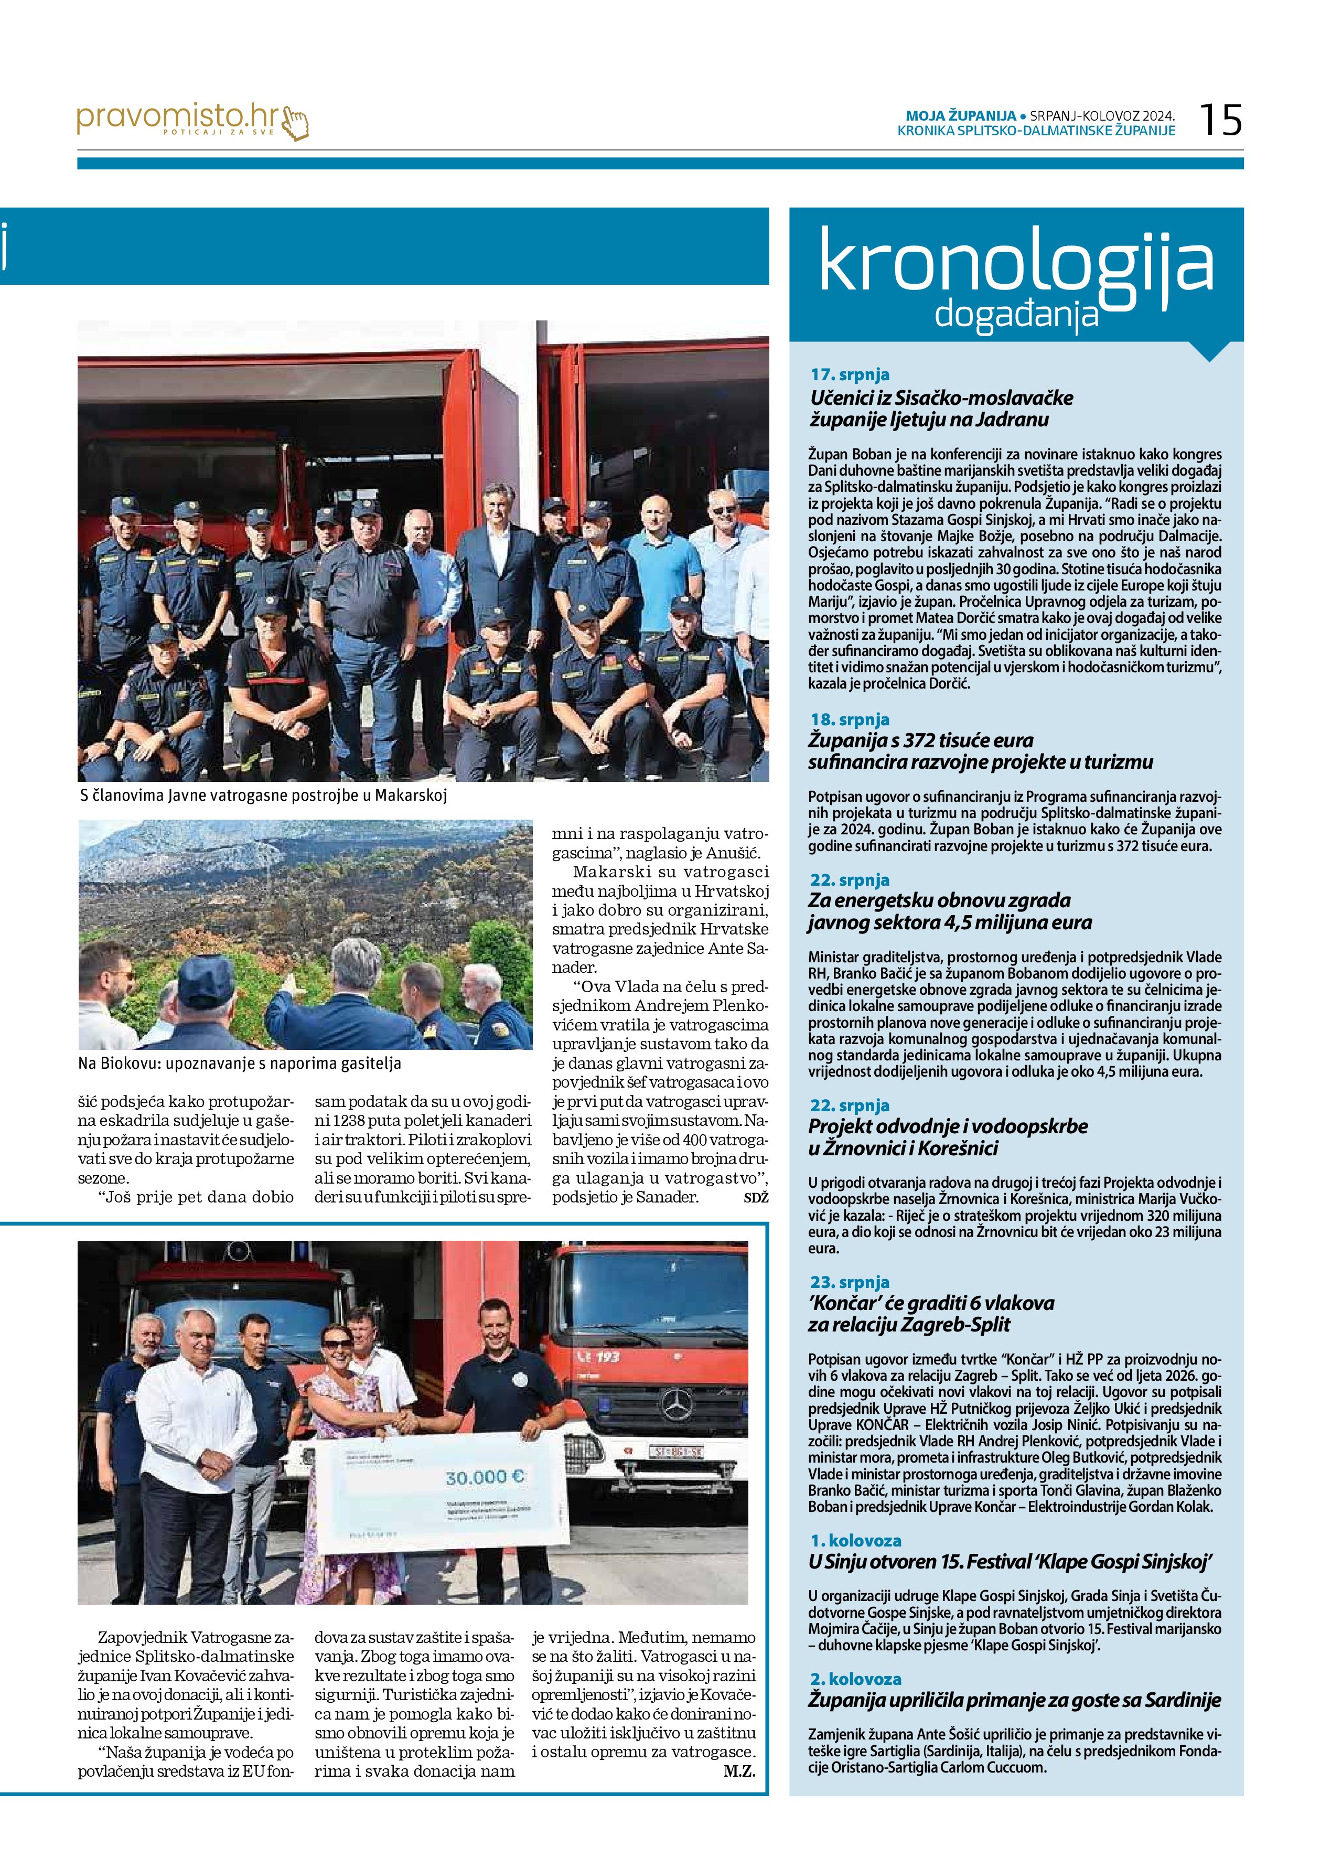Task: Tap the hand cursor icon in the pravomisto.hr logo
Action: tap(295, 124)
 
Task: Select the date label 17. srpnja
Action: tap(850, 375)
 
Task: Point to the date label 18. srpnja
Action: tap(850, 720)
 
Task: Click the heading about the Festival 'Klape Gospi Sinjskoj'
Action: tap(1010, 1561)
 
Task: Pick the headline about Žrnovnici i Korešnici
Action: tap(948, 1137)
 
